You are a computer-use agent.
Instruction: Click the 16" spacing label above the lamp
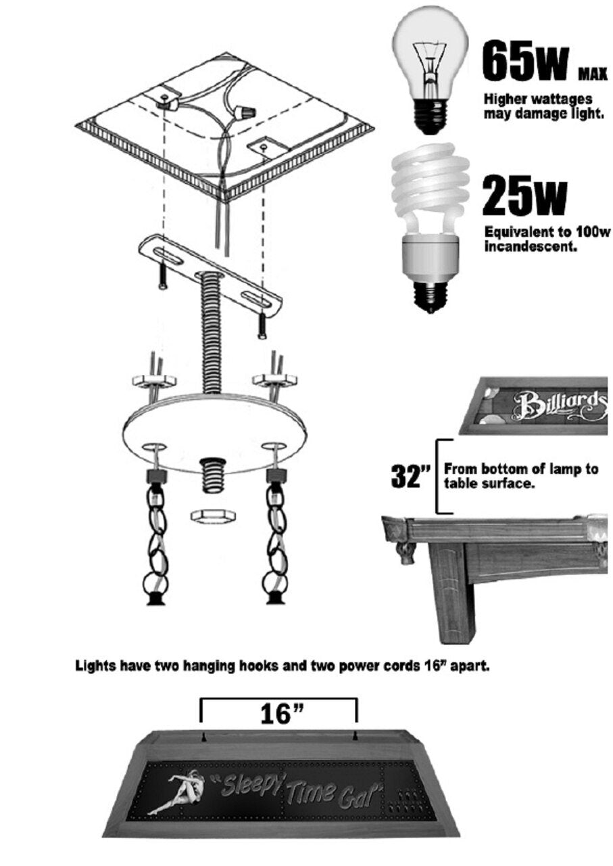(x=279, y=714)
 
